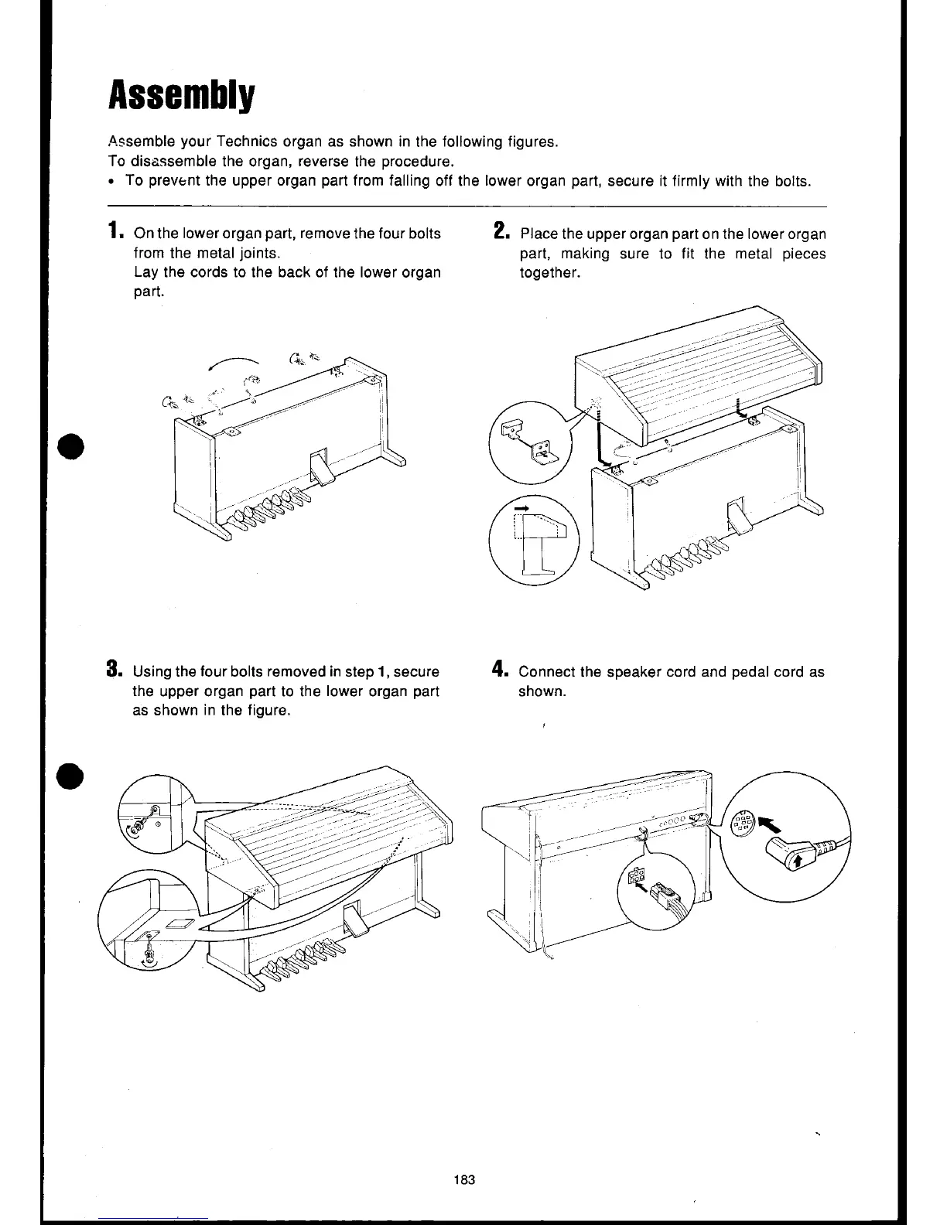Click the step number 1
tap(114, 231)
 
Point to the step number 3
tap(114, 669)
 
